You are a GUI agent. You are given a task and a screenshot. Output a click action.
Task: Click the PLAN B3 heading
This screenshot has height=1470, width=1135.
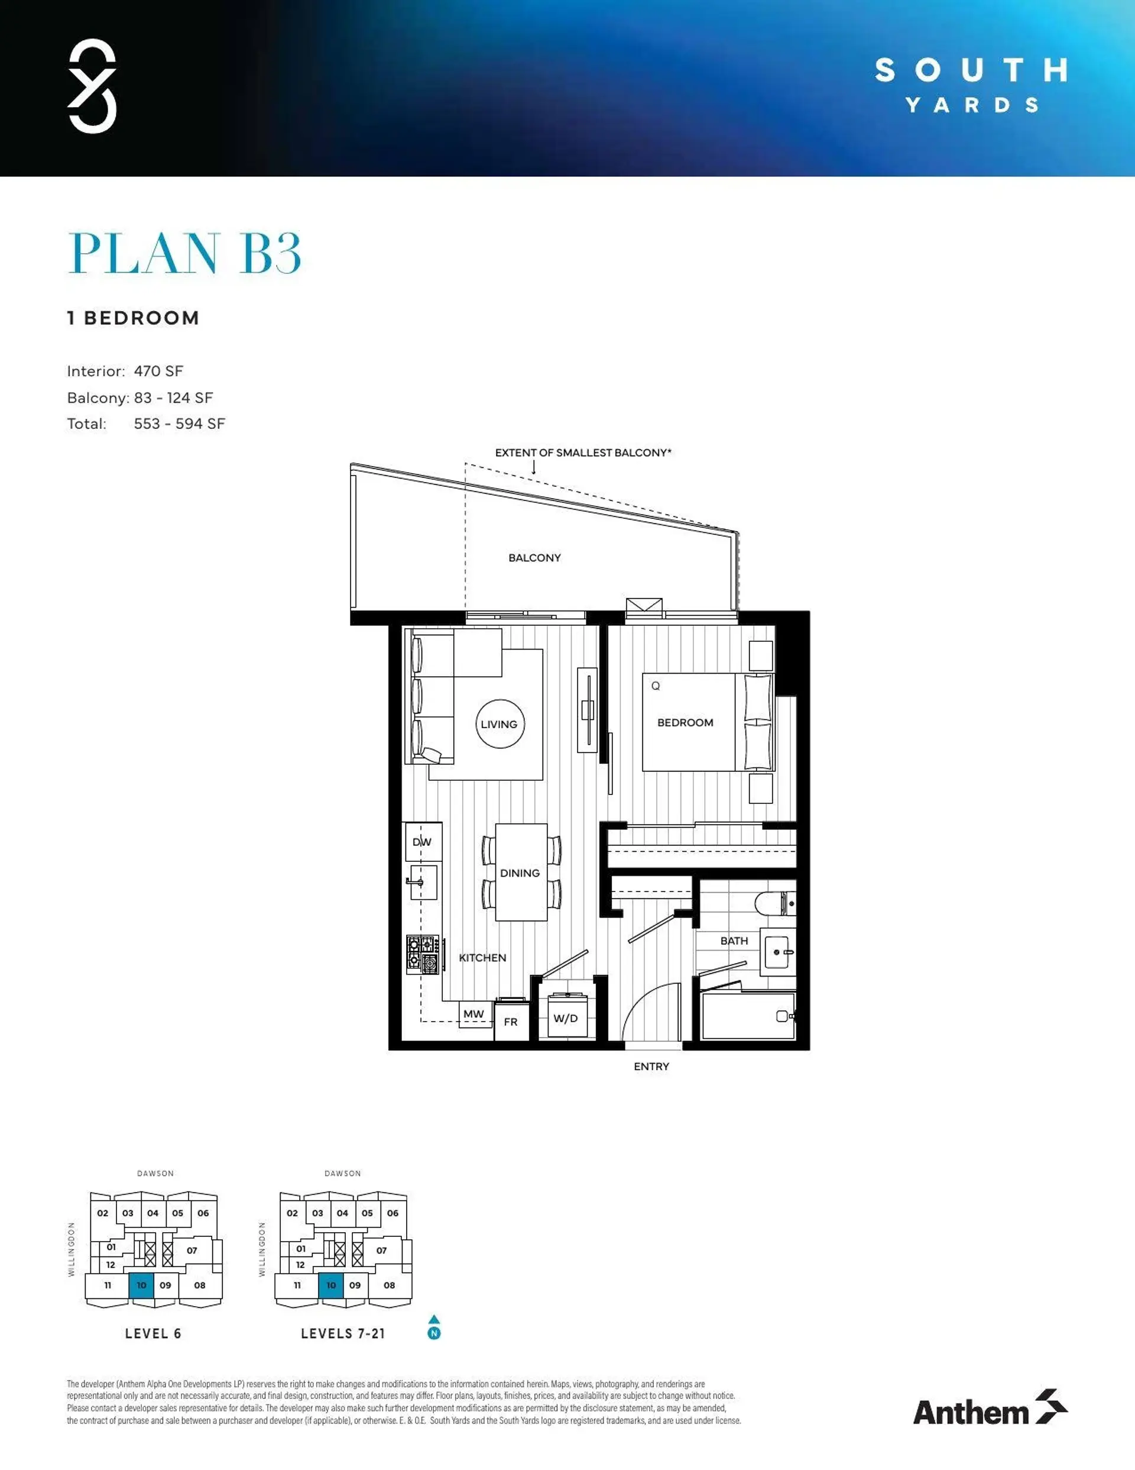click(x=184, y=253)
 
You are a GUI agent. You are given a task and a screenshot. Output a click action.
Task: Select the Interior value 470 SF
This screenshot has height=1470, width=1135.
click(x=158, y=371)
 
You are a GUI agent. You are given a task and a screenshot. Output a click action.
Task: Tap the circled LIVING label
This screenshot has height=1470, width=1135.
click(x=499, y=724)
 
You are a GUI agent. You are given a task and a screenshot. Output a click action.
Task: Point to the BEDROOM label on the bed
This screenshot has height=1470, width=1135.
click(x=685, y=722)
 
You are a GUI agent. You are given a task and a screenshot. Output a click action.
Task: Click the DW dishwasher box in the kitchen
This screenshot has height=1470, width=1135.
click(x=422, y=841)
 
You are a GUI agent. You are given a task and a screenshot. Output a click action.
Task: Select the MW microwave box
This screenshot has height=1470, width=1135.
click(x=474, y=1014)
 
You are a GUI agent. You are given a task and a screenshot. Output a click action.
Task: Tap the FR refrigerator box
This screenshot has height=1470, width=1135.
click(x=511, y=1022)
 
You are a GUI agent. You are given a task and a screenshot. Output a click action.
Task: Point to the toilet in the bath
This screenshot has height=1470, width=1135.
click(x=774, y=903)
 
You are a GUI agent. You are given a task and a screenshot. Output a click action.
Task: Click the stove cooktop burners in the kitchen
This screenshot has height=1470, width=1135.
click(x=423, y=954)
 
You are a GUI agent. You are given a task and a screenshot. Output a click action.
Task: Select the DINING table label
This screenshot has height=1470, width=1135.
click(x=520, y=873)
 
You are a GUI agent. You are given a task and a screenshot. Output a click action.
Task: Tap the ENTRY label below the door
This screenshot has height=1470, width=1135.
click(x=651, y=1066)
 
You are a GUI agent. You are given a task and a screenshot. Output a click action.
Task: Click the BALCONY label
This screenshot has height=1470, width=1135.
click(x=534, y=557)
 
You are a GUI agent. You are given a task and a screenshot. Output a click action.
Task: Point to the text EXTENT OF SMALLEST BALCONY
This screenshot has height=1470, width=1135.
click(x=583, y=453)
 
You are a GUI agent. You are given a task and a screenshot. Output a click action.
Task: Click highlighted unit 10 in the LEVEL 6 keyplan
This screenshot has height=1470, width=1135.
click(x=141, y=1285)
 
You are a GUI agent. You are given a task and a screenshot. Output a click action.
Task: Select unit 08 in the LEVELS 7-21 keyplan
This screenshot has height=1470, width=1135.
click(x=390, y=1285)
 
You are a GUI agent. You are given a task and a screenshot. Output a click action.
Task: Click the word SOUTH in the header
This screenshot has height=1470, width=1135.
click(x=971, y=70)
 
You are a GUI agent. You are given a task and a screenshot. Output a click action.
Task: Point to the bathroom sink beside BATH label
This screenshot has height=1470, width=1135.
click(x=779, y=952)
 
